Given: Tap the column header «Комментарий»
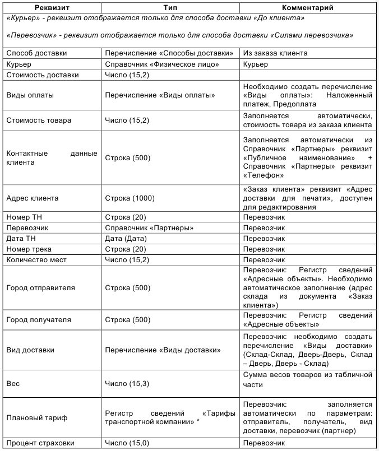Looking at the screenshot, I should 308,8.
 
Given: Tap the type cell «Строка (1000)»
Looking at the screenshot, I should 130,198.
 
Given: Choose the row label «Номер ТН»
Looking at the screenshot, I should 26,218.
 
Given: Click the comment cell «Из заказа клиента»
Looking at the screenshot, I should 276,53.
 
